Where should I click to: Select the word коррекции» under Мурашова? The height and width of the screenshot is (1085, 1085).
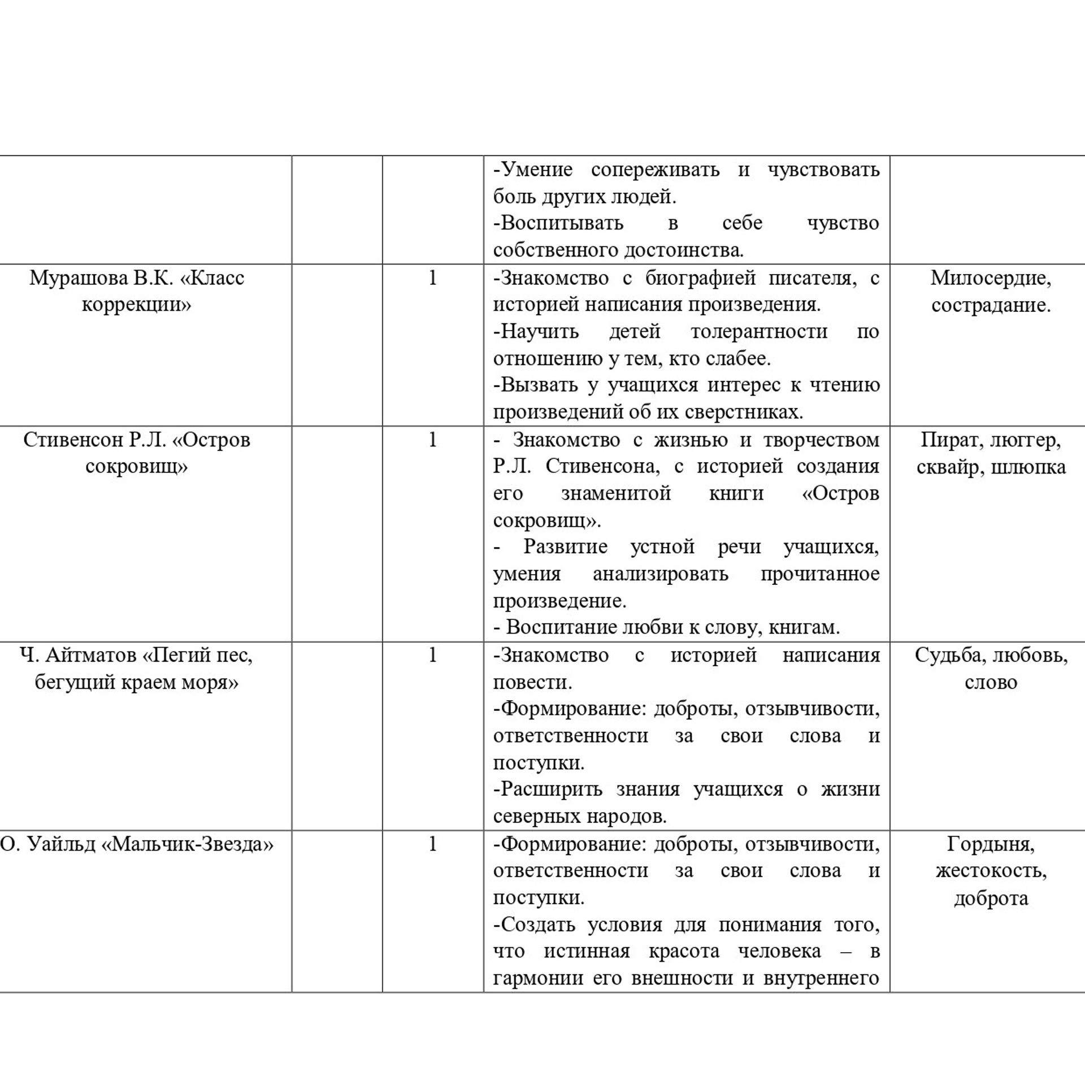pos(136,305)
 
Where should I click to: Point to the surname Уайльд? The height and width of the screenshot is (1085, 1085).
pos(62,844)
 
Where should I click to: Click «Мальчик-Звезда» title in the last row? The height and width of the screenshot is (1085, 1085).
pos(187,844)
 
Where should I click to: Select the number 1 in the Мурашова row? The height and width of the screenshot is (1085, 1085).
pos(432,278)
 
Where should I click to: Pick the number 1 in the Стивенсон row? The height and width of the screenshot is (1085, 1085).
pos(432,440)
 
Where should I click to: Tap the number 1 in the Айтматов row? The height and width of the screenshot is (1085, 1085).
pos(432,656)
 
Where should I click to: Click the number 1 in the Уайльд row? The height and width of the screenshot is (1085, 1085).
pos(432,844)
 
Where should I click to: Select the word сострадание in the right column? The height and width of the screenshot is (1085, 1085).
pos(990,305)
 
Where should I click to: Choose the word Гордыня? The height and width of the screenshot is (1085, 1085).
pos(991,844)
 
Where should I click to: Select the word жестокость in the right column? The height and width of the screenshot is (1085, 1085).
pos(991,871)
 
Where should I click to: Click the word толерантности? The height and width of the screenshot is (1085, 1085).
pos(759,331)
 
